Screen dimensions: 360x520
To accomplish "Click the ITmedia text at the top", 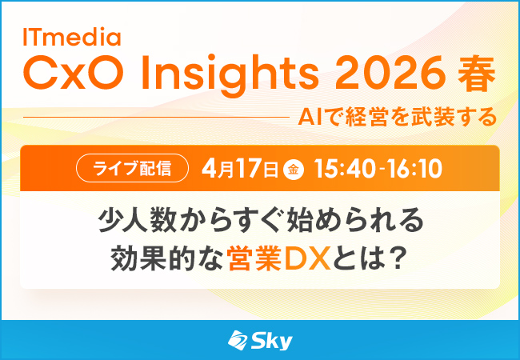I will pos(72,37).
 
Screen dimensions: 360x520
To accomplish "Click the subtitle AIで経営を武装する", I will pos(397,117).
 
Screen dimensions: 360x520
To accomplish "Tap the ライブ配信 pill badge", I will pos(132,169).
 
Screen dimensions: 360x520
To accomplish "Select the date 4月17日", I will pos(240,169).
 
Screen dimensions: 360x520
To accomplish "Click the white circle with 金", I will pos(294,170).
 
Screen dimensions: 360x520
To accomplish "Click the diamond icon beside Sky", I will pos(238,341).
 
